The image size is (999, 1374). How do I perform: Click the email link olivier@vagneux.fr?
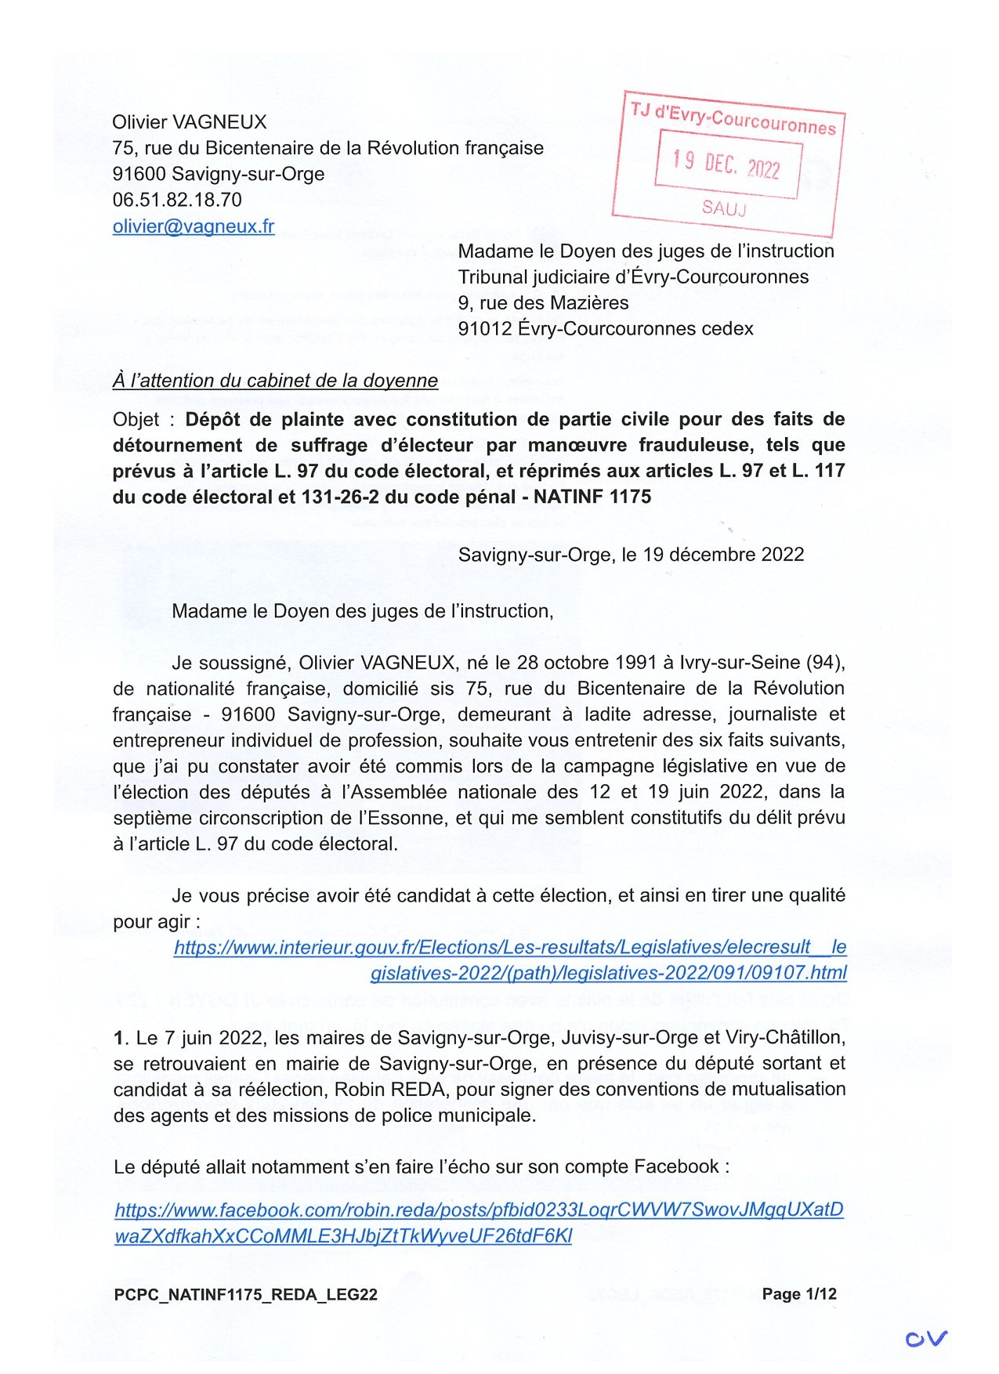194,226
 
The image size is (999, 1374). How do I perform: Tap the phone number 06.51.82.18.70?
177,200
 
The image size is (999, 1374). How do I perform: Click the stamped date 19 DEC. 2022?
726,164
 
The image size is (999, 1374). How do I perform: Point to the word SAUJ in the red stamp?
724,208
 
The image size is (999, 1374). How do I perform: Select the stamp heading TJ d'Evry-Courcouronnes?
733,118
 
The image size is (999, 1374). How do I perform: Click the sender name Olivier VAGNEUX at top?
190,122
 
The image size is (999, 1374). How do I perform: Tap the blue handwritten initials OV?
926,1338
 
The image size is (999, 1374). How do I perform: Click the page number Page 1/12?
799,1293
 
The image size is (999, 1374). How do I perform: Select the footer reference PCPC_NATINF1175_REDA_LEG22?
246,1294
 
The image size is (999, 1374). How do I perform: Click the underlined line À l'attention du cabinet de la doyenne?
275,381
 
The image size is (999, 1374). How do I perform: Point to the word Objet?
136,420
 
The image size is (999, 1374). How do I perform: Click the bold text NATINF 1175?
592,497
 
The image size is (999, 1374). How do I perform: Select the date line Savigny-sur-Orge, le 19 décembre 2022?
631,555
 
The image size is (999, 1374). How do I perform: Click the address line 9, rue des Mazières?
543,303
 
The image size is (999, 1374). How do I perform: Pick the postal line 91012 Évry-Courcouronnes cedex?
606,329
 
